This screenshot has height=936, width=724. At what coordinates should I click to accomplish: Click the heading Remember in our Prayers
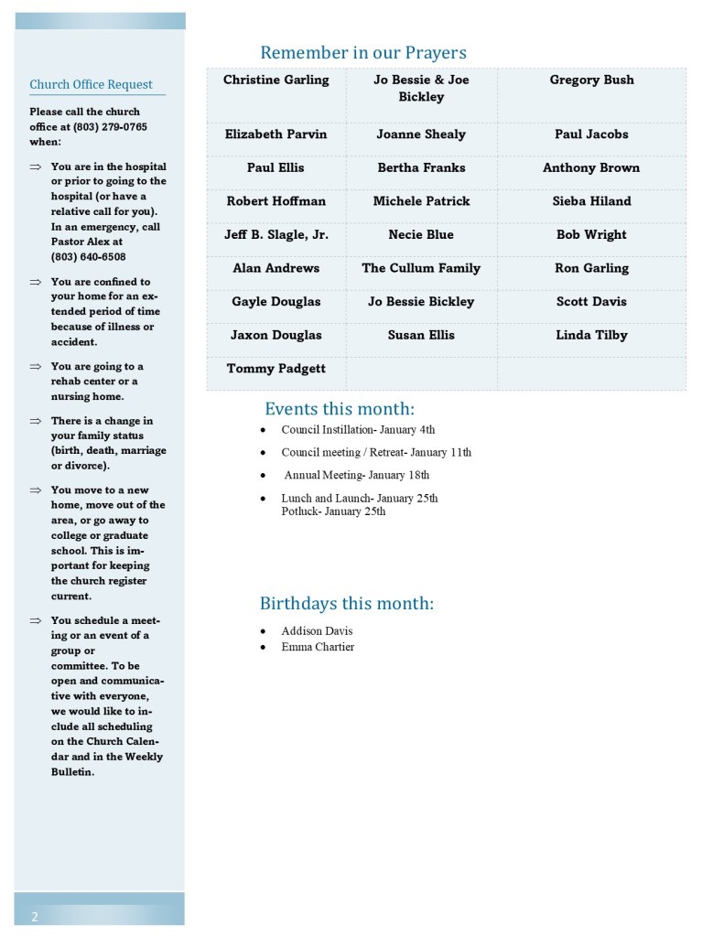coord(362,52)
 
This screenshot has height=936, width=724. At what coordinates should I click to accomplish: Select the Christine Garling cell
coord(276,81)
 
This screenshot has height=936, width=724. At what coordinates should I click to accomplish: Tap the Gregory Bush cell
coord(591,81)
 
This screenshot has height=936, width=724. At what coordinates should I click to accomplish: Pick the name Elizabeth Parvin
coord(276,134)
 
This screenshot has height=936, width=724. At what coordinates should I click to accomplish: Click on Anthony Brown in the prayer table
coord(591,168)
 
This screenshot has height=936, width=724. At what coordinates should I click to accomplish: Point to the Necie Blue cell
coord(421,235)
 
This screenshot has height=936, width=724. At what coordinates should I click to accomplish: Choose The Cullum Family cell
coord(421,269)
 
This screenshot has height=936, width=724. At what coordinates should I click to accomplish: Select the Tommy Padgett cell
coord(276,369)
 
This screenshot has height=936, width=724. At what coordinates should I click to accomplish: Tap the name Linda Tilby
coord(591,336)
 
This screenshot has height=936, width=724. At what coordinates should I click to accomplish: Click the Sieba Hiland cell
coord(591,201)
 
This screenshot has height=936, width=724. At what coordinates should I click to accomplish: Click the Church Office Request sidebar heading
coord(91,85)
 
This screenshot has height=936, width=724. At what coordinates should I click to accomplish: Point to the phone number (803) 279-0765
coord(111,127)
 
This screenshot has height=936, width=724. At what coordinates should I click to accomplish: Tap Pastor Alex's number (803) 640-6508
coord(89,257)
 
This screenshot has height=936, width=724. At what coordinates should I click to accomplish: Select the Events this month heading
coord(340,409)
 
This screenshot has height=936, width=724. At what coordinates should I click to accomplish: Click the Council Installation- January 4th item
coord(358,430)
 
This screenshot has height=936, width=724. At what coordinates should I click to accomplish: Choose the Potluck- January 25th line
coord(333,511)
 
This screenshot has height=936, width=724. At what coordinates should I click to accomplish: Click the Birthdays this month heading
coord(346,604)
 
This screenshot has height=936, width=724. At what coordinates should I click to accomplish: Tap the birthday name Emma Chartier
coord(318,648)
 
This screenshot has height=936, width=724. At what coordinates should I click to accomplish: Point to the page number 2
coord(35,917)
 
